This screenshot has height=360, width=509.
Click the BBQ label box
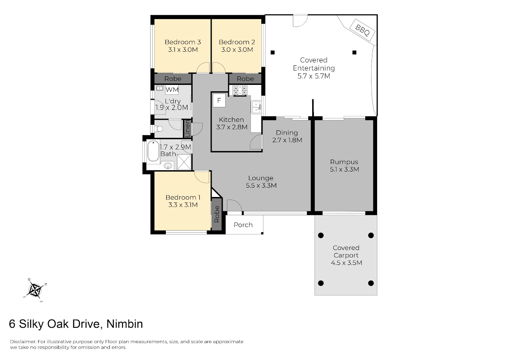[x=362, y=30]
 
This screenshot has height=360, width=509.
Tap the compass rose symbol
[x=36, y=290]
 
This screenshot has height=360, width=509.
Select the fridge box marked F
[x=219, y=100]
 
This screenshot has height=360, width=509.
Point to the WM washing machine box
[x=172, y=90]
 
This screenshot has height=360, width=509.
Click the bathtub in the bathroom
[x=153, y=151]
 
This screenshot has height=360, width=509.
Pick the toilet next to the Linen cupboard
[x=159, y=129]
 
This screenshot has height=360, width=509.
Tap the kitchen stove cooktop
[x=240, y=90]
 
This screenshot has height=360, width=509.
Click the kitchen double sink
[x=256, y=107]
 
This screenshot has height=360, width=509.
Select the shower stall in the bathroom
[x=184, y=162]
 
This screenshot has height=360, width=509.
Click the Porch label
[x=243, y=225]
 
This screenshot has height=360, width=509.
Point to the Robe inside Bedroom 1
[x=217, y=214]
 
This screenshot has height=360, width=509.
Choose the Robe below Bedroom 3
[x=173, y=79]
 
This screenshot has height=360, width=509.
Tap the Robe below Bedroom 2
[x=245, y=79]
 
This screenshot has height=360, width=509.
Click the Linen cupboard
[x=187, y=129]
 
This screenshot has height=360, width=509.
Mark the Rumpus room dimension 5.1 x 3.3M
[x=344, y=169]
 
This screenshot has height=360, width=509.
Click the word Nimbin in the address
[x=125, y=324]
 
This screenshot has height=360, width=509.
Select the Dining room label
[x=287, y=132]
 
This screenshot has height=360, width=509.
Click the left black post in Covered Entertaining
[x=273, y=53]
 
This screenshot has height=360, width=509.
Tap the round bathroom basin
[x=168, y=166]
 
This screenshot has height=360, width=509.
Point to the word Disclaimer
[x=23, y=341]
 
